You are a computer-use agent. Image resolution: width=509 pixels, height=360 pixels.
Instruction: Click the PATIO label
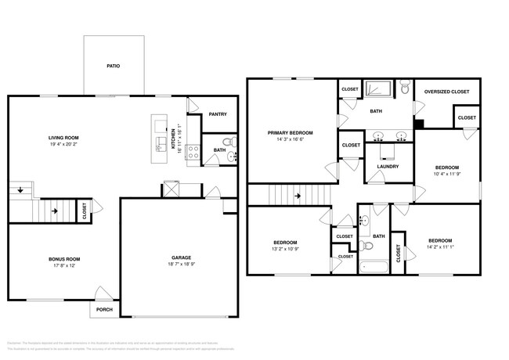click(x=114, y=67)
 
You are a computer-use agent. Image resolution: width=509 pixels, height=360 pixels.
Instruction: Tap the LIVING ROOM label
click(x=64, y=137)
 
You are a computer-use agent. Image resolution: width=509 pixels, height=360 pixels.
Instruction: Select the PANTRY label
click(x=218, y=114)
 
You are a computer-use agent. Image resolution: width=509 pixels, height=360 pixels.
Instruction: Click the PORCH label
click(x=104, y=310)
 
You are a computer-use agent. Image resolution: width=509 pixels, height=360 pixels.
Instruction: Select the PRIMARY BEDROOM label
click(x=290, y=132)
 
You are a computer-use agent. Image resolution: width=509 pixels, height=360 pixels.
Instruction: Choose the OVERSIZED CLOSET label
click(x=446, y=92)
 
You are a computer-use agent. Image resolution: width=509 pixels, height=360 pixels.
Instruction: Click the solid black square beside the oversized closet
click(x=418, y=123)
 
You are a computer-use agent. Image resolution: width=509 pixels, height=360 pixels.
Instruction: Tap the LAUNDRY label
click(x=388, y=166)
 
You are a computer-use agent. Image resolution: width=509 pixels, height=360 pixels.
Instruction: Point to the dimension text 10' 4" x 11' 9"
click(x=447, y=175)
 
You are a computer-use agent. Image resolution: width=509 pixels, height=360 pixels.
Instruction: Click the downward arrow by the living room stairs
click(x=17, y=189)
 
